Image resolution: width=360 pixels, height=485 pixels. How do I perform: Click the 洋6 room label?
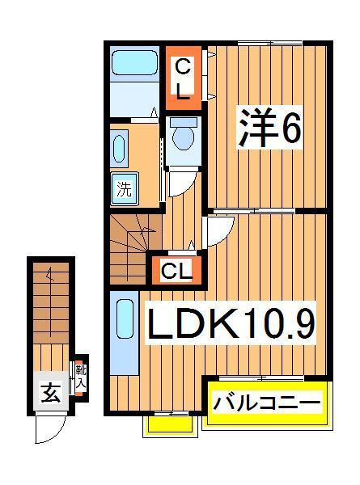point(269,129)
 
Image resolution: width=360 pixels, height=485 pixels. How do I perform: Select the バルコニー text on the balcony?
point(266,403)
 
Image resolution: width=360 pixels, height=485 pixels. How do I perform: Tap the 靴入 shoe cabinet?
point(80,378)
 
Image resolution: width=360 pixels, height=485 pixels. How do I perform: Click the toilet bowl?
point(184,137)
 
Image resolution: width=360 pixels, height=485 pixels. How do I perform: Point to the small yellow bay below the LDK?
point(169,424)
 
